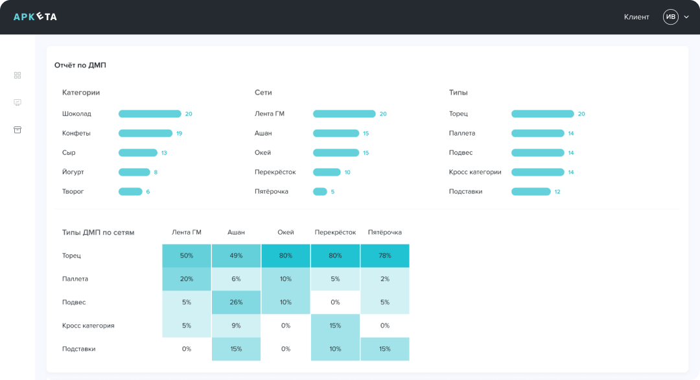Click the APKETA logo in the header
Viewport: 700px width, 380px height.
[x=35, y=17]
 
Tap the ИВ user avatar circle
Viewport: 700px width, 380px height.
[x=670, y=17]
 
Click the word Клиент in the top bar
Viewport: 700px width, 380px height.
[x=636, y=17]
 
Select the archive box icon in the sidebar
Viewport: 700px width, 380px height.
[x=17, y=130]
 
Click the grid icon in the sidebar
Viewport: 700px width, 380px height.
[x=17, y=75]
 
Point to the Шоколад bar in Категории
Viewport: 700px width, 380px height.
[x=150, y=114]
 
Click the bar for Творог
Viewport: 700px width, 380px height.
[x=130, y=192]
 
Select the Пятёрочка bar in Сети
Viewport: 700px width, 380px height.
[x=320, y=192]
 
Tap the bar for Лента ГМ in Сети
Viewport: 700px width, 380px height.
[x=344, y=114]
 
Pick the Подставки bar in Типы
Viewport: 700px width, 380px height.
[x=531, y=192]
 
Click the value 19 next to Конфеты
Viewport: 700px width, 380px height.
[x=179, y=134]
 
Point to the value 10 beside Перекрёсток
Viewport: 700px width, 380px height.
[x=347, y=172]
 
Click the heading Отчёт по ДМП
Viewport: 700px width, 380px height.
[x=80, y=65]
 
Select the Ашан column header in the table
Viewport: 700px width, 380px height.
[x=236, y=232]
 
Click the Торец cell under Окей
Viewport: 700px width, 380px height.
[x=286, y=255]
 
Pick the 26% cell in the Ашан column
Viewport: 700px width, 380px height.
[x=236, y=302]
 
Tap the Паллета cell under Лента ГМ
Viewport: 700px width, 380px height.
[x=187, y=279]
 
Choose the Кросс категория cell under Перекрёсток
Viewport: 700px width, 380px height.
[x=335, y=326]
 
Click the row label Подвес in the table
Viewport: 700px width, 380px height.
[x=74, y=302]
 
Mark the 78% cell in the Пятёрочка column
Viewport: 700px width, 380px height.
[x=384, y=255]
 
